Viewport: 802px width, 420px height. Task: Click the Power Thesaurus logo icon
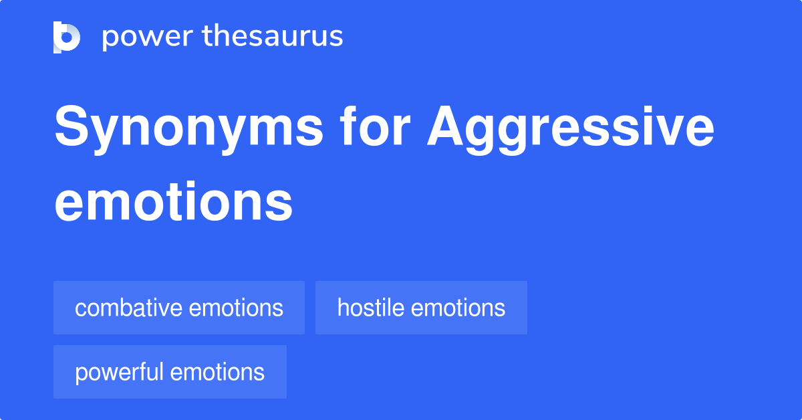[67, 37]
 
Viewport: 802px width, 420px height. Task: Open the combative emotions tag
[179, 308]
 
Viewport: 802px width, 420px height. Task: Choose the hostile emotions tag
[421, 308]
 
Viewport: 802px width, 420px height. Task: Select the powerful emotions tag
[170, 372]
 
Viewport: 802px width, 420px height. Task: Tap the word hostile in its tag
[370, 308]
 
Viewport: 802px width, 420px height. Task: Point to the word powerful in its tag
[120, 373]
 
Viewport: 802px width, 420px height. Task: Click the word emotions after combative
[236, 308]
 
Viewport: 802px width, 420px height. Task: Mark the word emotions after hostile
[458, 308]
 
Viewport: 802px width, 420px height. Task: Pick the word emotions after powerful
[217, 373]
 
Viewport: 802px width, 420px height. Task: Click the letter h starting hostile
[342, 308]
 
